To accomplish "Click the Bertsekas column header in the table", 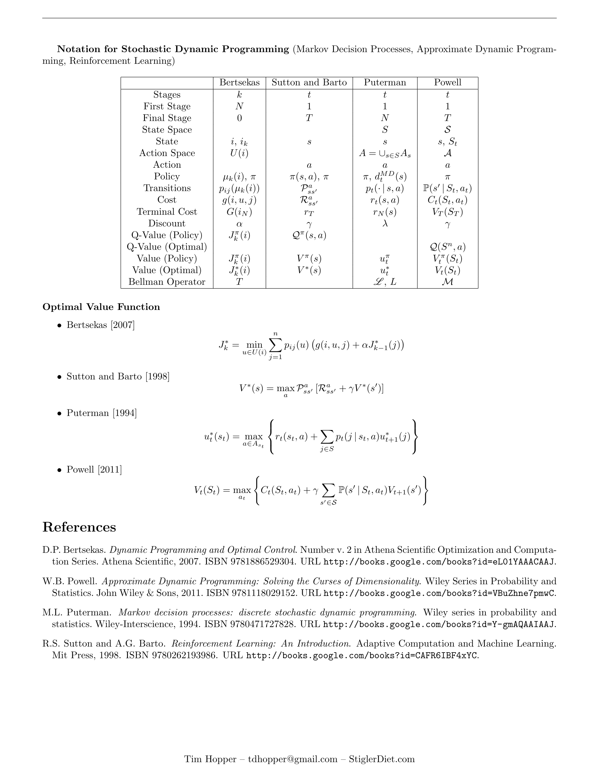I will pyautogui.click(x=240, y=83).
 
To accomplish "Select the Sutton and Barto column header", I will pyautogui.click(x=309, y=83).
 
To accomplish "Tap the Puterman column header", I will pyautogui.click(x=385, y=83).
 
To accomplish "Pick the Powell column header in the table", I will pyautogui.click(x=447, y=83).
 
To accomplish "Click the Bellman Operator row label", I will pyautogui.click(x=167, y=282).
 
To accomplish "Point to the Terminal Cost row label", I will pyautogui.click(x=167, y=212).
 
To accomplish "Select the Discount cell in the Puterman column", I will pyautogui.click(x=385, y=224).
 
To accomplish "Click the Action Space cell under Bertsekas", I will pyautogui.click(x=240, y=153).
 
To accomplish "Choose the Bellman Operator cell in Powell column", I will pyautogui.click(x=447, y=282).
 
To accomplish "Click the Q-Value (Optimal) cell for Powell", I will pyautogui.click(x=447, y=247).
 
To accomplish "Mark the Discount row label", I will pyautogui.click(x=167, y=224).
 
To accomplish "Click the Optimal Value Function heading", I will pyautogui.click(x=101, y=307).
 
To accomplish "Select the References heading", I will pyautogui.click(x=79, y=527).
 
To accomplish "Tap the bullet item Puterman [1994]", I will pyautogui.click(x=102, y=413).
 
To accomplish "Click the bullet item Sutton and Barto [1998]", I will pyautogui.click(x=118, y=376).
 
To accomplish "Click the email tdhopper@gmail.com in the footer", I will pyautogui.click(x=293, y=759).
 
